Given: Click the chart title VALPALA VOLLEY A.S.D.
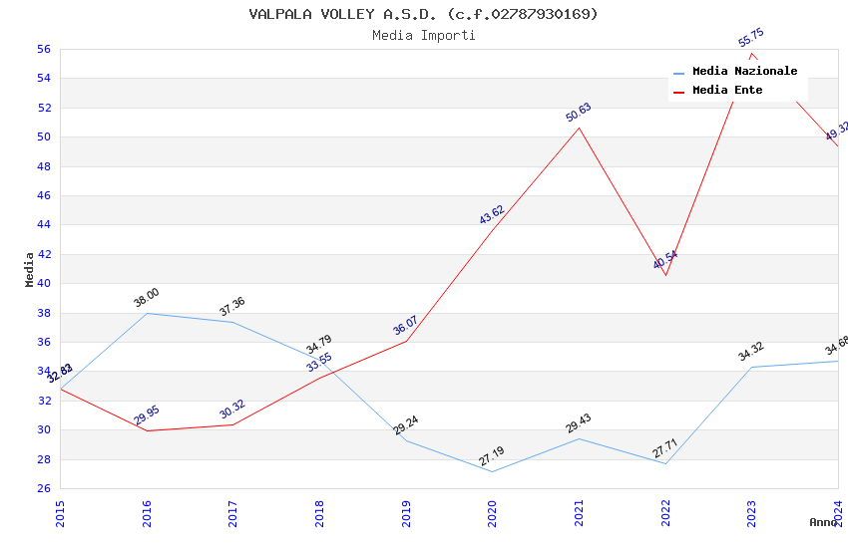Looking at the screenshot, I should pyautogui.click(x=423, y=14).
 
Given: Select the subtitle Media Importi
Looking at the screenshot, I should pyautogui.click(x=423, y=35).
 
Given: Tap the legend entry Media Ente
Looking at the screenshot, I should pyautogui.click(x=727, y=90).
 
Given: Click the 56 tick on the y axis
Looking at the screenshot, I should pyautogui.click(x=43, y=49).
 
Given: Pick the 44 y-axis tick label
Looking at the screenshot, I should pyautogui.click(x=43, y=225).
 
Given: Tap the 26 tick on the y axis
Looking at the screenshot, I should pyautogui.click(x=43, y=488).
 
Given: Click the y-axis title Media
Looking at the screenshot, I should pyautogui.click(x=30, y=269).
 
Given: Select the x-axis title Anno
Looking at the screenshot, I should pyautogui.click(x=823, y=522).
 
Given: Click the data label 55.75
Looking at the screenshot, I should pyautogui.click(x=751, y=38).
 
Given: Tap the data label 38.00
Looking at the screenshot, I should pyautogui.click(x=147, y=297).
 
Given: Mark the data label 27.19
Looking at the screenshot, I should pyautogui.click(x=492, y=456).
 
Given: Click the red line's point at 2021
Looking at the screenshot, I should pyautogui.click(x=579, y=128).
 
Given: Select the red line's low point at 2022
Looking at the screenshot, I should pyautogui.click(x=665, y=275).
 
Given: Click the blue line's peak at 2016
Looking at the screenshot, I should pyautogui.click(x=147, y=313).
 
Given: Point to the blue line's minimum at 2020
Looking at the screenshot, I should pyautogui.click(x=492, y=471).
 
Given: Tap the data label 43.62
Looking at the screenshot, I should pyautogui.click(x=492, y=214).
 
